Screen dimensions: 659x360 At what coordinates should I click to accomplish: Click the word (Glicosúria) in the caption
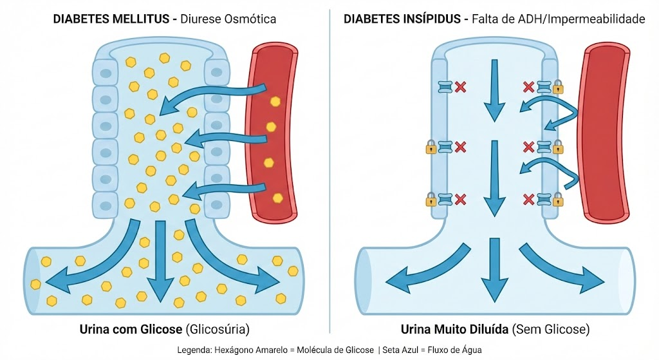[x=218, y=329]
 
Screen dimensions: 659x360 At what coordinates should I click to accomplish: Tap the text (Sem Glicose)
[x=551, y=329]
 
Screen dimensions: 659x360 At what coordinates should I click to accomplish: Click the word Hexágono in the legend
[x=230, y=350]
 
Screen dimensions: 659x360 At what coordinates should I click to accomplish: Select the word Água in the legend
[x=472, y=350]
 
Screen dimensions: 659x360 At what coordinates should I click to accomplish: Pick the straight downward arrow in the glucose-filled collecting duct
[x=160, y=261]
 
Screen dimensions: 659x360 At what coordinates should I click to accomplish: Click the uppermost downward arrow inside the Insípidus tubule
[x=495, y=90]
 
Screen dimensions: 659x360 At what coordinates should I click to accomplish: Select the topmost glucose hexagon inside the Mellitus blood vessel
[x=275, y=101]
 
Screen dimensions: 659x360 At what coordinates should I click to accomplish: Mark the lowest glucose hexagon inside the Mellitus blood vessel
[x=277, y=198]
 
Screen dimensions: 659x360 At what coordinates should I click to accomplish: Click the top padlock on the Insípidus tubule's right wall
[x=558, y=87]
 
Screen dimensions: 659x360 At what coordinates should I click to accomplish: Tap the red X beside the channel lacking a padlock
[x=461, y=87]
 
